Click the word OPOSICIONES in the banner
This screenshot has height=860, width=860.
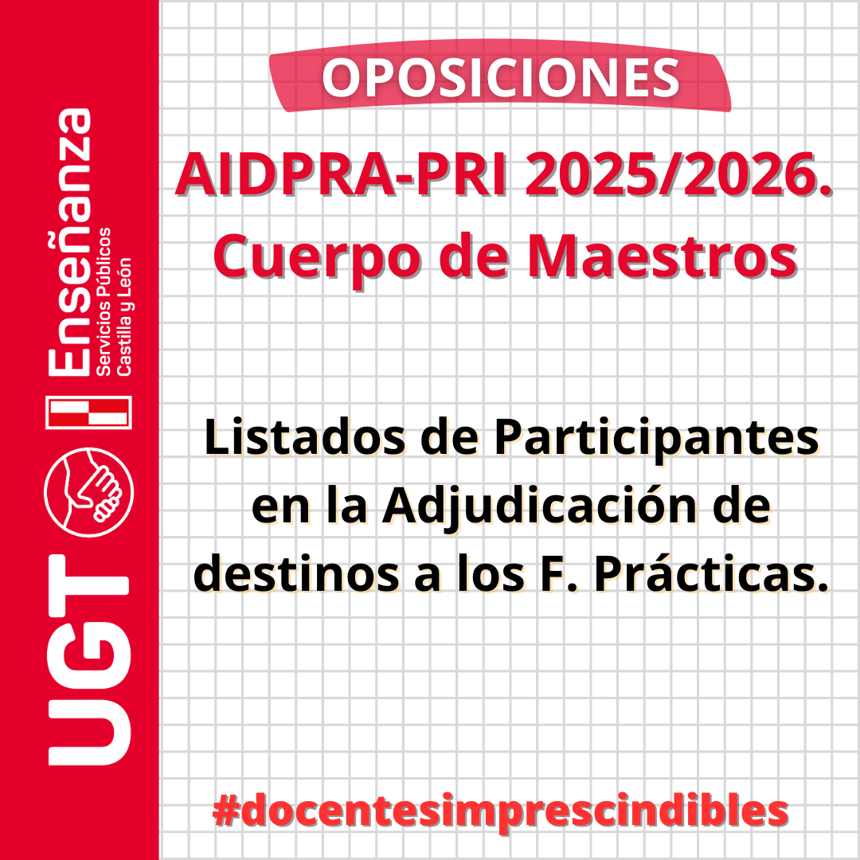coord(501,77)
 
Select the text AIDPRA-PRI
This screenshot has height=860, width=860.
coord(341,174)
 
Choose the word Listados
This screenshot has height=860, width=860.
coord(304,437)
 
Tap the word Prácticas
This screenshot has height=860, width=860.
coord(711,573)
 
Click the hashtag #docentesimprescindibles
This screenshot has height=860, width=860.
coord(500,811)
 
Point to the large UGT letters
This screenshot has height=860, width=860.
coord(89,659)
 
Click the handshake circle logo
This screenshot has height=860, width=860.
coord(89,492)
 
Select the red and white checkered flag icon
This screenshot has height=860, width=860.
coord(89,412)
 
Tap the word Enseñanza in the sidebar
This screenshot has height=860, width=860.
coord(69,242)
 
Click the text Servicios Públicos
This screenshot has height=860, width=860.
coord(104,301)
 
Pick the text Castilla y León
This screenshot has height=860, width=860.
coord(124,316)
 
